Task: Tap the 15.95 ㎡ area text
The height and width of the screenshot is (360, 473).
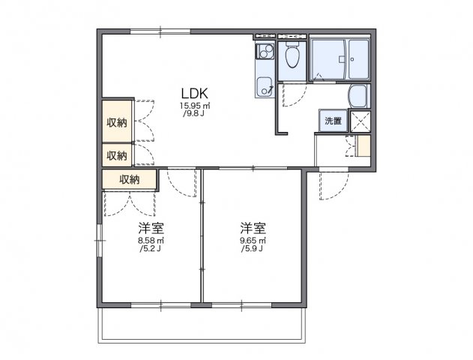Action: (194, 106)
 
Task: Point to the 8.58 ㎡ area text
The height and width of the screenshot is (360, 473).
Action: (151, 240)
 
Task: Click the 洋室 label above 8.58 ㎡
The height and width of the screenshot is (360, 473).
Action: (151, 227)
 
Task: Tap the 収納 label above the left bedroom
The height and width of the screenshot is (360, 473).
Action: (130, 179)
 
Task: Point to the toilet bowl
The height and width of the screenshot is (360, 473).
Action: (292, 57)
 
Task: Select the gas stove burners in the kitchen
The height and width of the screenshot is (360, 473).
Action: (264, 52)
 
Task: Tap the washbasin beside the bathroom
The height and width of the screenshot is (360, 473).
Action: (358, 96)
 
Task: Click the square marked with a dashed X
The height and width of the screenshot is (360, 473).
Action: (358, 121)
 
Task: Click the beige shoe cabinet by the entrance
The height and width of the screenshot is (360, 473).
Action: (364, 146)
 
